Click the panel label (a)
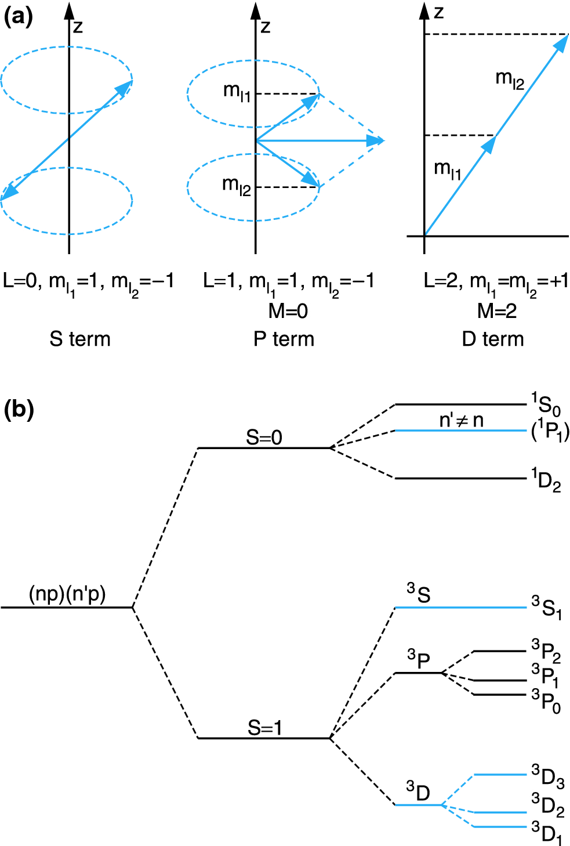19,17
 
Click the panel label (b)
19,410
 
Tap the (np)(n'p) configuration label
67,594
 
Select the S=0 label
264,437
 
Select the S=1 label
264,727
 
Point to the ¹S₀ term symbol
546,404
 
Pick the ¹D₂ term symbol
546,480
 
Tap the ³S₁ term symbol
546,608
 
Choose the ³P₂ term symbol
546,650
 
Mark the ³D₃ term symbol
547,776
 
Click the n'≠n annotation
461,420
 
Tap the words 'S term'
80,339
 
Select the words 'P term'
284,339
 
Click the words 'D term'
493,339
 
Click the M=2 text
497,311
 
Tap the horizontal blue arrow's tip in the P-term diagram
382,140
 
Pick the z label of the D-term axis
439,12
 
